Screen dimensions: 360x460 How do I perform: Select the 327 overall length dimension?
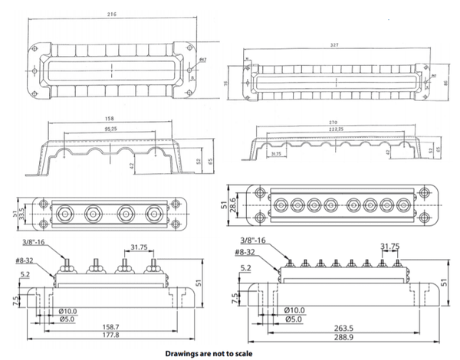(x=334, y=45)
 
